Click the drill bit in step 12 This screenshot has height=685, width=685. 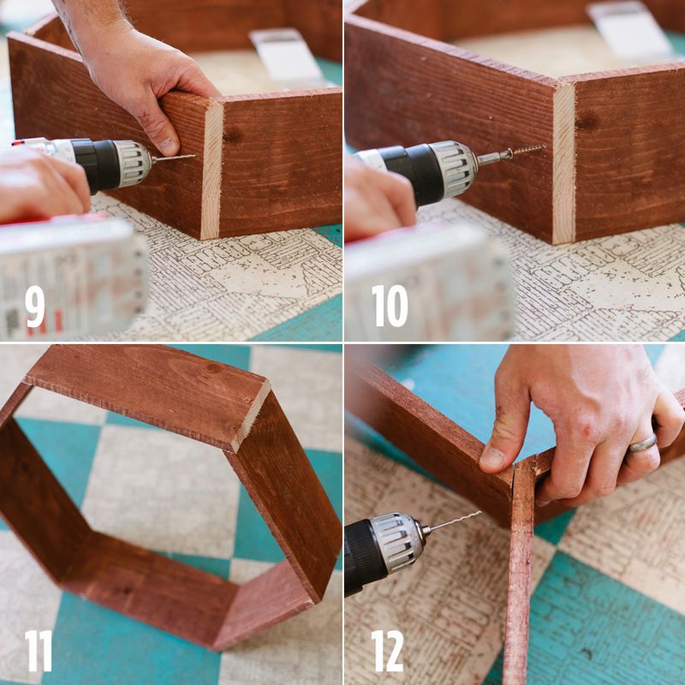click(x=454, y=521)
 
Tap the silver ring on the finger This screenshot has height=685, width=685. click(x=642, y=443)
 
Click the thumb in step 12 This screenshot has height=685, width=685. click(x=501, y=437)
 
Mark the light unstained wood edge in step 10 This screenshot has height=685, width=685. click(x=563, y=163)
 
